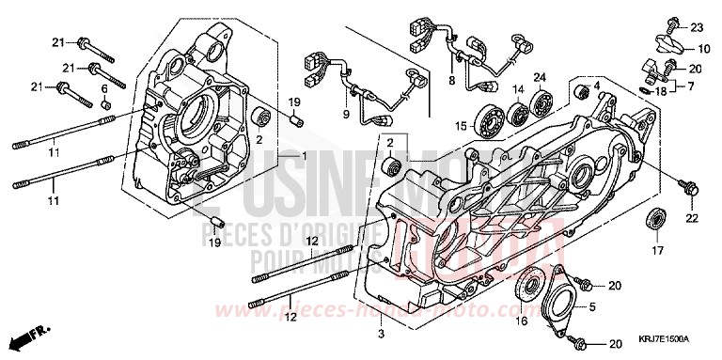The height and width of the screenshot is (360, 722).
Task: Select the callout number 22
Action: coord(693,218)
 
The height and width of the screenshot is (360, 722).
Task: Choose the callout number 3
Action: coord(381,334)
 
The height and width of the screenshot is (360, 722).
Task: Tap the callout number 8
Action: coord(451,83)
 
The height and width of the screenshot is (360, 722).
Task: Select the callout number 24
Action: coord(541,77)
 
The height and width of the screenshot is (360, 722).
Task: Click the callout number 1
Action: coord(305,154)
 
